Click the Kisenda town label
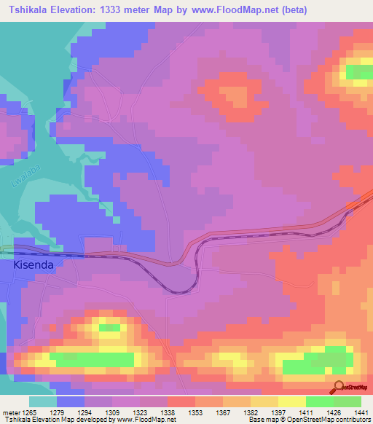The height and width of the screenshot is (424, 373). (x=34, y=266)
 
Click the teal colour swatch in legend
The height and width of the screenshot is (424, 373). (x=42, y=401)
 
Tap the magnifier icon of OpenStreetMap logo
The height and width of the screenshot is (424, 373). (x=337, y=386)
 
